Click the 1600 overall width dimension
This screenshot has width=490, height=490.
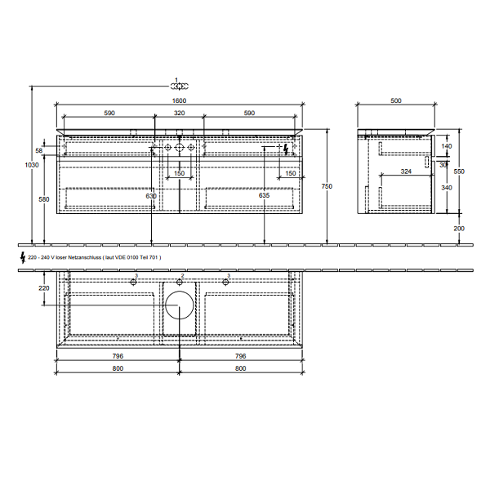[178, 100]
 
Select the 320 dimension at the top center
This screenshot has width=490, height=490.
[178, 114]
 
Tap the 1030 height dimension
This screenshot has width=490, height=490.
[32, 165]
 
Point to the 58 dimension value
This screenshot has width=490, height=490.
[39, 150]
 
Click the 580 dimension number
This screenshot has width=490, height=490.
[42, 199]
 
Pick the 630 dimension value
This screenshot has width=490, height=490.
[150, 196]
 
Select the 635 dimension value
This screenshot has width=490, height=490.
[264, 196]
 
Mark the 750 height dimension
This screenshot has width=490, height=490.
[327, 187]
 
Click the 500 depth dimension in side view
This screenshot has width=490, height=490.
[396, 100]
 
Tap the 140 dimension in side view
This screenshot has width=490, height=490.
[446, 146]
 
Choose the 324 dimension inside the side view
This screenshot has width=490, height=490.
[406, 171]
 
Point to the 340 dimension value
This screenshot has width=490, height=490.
[446, 188]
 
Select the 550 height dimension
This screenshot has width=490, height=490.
[459, 171]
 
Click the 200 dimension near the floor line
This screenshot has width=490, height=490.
[459, 228]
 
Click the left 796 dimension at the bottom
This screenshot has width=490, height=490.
[118, 356]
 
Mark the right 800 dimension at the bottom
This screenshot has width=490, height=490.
[239, 368]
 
